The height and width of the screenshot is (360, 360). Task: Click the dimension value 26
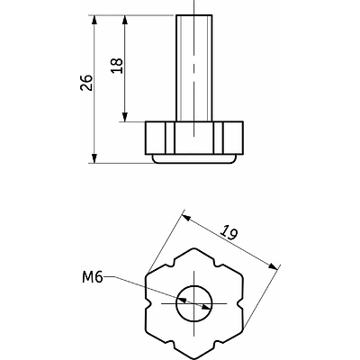[x=86, y=82]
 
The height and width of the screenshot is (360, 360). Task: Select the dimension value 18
[x=117, y=66]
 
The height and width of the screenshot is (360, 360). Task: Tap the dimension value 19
[x=229, y=232]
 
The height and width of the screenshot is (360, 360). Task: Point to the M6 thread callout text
[x=93, y=277]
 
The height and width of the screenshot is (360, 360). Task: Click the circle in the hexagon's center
[x=194, y=303]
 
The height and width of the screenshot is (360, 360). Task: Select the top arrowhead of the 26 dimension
[x=94, y=21]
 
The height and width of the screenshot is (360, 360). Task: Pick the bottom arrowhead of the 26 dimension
[x=94, y=157]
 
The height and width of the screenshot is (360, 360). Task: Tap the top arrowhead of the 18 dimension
[x=125, y=21]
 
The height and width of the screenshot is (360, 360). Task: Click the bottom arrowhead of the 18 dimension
[x=125, y=116]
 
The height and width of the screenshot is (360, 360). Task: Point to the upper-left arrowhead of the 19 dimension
[x=187, y=218]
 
